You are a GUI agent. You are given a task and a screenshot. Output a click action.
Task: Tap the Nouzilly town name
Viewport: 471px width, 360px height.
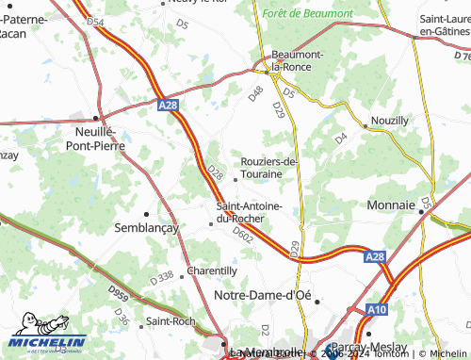tap(390, 122)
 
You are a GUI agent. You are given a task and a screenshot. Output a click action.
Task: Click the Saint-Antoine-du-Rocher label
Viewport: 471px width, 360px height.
tap(247, 212)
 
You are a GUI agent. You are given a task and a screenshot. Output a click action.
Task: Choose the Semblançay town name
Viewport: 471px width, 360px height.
tap(146, 228)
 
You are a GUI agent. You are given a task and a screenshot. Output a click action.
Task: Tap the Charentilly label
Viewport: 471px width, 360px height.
tap(211, 270)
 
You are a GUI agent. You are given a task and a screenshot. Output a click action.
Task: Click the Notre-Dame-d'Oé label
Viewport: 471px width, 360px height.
tap(263, 295)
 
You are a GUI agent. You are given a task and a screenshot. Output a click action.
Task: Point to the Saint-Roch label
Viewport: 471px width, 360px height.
tap(172, 321)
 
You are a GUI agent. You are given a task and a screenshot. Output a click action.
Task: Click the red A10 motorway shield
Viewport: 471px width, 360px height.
tap(377, 308)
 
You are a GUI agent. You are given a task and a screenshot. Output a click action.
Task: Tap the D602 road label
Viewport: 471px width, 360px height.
tap(243, 236)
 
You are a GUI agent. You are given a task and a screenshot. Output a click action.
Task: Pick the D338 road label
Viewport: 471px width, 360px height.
tap(161, 277)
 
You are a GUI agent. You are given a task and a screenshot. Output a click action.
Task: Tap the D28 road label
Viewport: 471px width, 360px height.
tap(215, 173)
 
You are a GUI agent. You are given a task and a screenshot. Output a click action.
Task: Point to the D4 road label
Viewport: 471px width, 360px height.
tap(342, 139)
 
